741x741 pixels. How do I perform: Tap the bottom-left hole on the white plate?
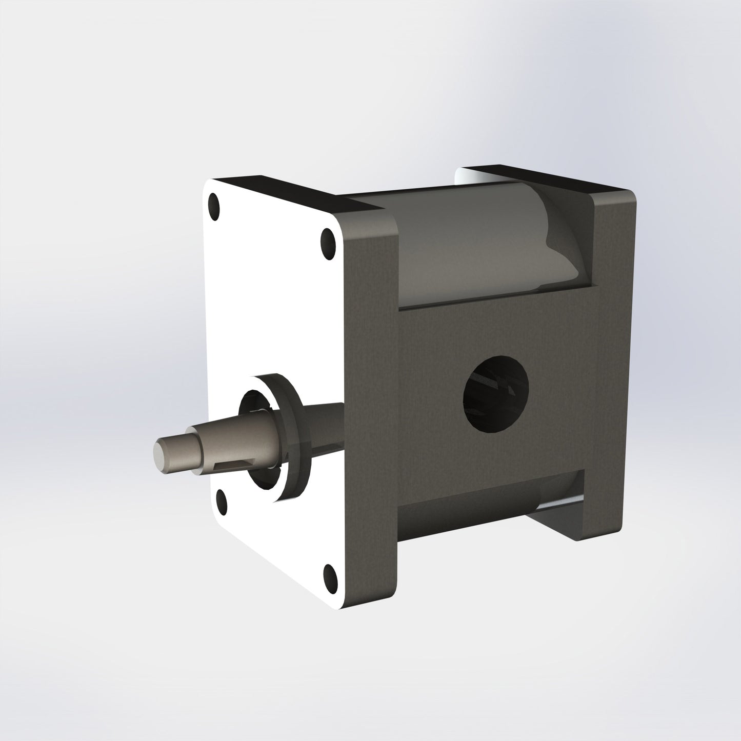pos(222,499)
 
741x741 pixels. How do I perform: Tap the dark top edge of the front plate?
pos(287,192)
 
